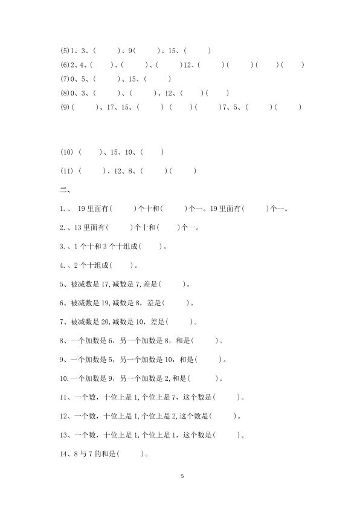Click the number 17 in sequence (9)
coord(110,108)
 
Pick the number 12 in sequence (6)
coord(187,65)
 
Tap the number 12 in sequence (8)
coord(169,93)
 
